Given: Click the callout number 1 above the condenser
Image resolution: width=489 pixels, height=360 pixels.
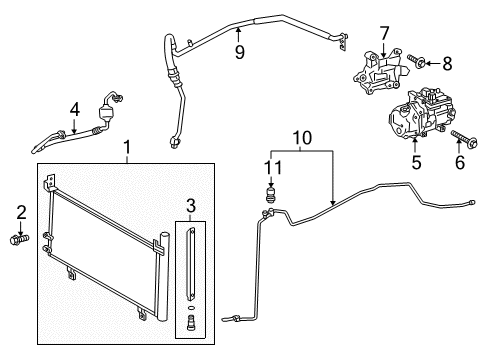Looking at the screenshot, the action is coord(127,148).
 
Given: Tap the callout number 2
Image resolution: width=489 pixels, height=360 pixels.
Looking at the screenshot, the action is coord(21,212).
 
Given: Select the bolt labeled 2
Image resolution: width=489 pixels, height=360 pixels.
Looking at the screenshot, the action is coord(20,239).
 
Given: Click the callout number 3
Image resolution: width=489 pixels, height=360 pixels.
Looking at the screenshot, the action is coord(191,206).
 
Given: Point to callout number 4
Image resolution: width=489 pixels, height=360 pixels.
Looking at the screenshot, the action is coord(75,109).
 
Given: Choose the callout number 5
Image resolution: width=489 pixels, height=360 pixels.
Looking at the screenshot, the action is coord(416,163).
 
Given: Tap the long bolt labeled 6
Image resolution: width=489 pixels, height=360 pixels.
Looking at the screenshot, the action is coord(465,138).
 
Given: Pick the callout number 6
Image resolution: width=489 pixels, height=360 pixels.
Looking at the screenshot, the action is coord(460,163).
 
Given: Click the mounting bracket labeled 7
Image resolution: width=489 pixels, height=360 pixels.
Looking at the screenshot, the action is coord(377,72).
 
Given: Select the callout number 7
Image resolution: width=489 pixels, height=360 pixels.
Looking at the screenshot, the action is coord(384,33).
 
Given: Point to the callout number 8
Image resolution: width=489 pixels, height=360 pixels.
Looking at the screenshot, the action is coord(447,63).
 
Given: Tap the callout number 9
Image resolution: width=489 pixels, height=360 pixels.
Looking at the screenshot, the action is coord(240,52).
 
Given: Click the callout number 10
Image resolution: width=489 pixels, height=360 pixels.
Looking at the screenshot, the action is coord(302,138).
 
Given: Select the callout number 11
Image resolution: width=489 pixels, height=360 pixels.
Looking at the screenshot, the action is coord(273,167).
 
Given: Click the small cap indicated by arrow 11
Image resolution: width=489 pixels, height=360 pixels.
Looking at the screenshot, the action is coord(271,194).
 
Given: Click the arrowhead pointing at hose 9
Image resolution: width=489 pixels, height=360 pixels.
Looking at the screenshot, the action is coord(238,30).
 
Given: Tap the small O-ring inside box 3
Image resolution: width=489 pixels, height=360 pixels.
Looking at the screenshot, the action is coord(191,307).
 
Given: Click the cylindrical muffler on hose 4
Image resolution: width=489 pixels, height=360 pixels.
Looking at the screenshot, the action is coord(106,112).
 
